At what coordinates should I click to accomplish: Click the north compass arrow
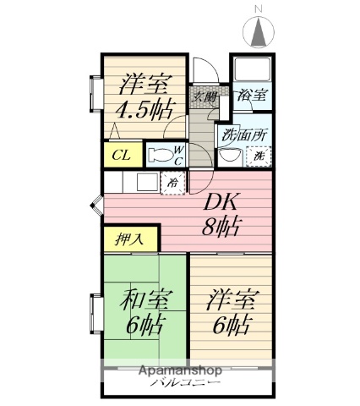259,33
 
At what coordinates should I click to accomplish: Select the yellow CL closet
121,155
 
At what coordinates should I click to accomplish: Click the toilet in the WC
161,155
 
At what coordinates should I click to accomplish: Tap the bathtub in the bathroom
251,69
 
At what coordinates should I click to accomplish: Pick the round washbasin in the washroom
226,156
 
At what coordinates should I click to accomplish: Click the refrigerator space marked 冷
172,182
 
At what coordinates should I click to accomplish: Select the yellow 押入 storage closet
123,239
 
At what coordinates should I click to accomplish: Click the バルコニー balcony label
187,383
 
